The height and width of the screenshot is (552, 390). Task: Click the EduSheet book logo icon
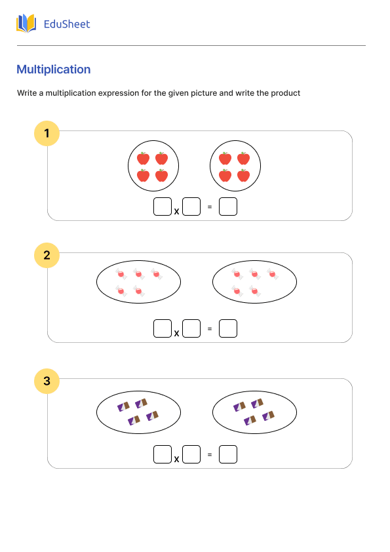[x=26, y=24]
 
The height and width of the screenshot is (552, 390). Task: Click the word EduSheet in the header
[x=66, y=24]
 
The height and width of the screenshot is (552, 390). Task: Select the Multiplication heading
[x=54, y=69]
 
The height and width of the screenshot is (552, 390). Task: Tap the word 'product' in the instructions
[x=286, y=93]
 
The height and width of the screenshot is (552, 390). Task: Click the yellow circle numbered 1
[x=47, y=134]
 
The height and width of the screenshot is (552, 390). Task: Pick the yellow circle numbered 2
[x=47, y=256]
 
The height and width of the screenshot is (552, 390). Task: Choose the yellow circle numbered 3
[x=47, y=381]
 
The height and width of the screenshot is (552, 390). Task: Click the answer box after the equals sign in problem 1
[x=227, y=207]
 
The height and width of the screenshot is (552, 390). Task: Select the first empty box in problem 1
[x=162, y=207]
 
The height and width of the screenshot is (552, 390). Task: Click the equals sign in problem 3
[x=210, y=454]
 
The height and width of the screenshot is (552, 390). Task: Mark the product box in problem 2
[x=227, y=328]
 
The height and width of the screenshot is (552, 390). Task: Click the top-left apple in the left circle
[x=144, y=159]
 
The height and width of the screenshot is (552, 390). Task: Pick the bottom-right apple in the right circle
[x=243, y=176]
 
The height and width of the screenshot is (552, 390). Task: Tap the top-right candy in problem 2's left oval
[x=156, y=273]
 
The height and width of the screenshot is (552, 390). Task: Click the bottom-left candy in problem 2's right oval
[x=237, y=290]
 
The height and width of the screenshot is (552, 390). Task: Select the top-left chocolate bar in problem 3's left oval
[x=123, y=406]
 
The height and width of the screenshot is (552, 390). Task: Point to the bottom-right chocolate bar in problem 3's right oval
[x=268, y=416]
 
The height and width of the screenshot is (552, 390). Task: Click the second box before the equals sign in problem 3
[x=191, y=454]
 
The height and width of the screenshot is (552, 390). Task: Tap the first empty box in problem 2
[x=162, y=328]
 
